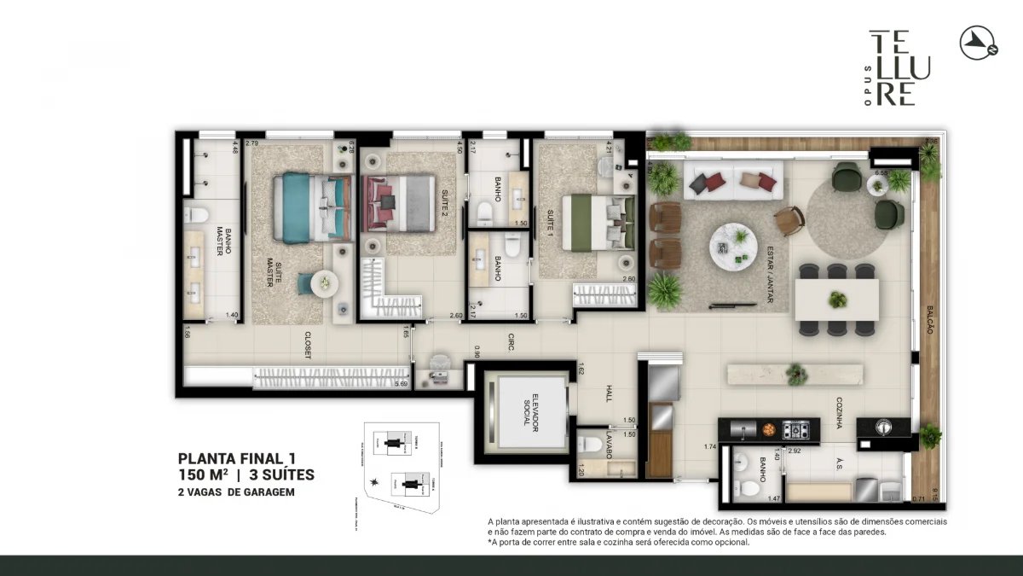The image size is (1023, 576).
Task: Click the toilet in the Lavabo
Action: click(591, 444)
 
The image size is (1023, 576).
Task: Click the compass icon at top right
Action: click(980, 43)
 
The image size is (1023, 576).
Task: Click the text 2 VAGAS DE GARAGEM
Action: click(238, 492)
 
